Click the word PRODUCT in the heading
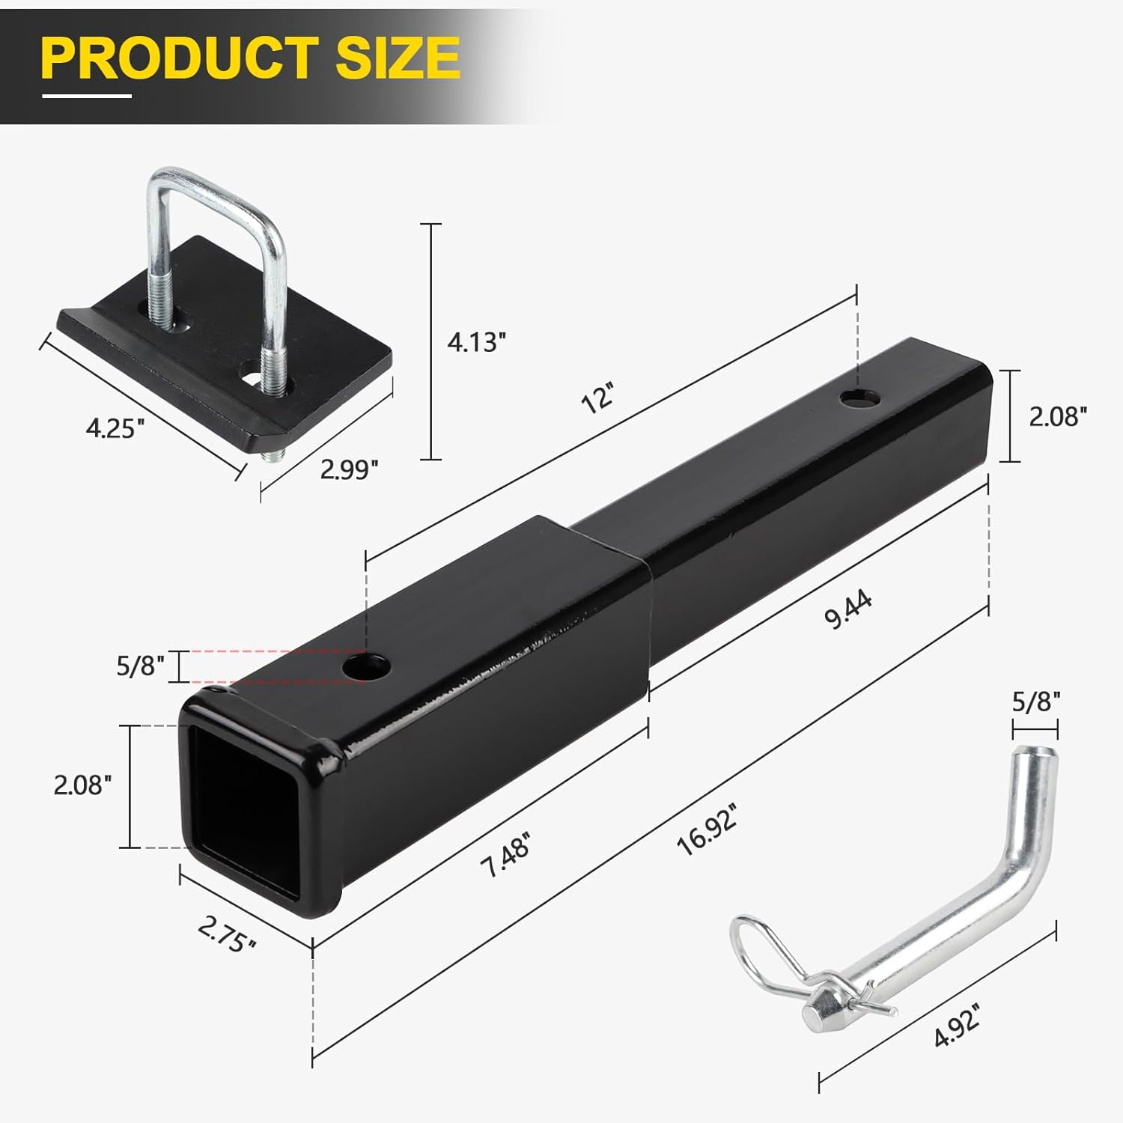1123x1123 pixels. (180, 57)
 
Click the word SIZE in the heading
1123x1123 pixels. (397, 57)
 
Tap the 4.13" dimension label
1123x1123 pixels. (477, 342)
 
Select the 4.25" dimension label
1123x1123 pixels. (115, 428)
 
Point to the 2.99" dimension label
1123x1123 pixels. (349, 469)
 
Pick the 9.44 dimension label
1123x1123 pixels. (847, 609)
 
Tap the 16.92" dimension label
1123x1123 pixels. (707, 830)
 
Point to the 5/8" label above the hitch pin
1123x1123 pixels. (1036, 702)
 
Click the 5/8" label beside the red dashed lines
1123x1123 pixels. (140, 666)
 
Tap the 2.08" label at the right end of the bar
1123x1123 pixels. (1057, 416)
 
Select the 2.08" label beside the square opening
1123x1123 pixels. (82, 785)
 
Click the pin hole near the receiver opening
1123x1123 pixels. (367, 666)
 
